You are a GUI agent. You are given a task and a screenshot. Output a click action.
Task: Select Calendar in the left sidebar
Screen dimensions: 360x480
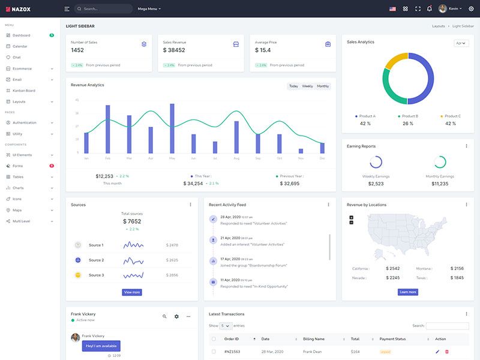[20, 46]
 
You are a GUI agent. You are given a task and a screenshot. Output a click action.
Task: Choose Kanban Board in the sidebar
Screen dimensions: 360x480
[24, 91]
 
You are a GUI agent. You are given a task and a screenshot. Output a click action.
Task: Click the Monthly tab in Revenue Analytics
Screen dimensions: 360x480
[323, 86]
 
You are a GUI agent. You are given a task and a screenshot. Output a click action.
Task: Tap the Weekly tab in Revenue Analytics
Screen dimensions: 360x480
[307, 86]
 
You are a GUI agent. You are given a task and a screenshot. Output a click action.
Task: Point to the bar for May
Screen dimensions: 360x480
[172, 128]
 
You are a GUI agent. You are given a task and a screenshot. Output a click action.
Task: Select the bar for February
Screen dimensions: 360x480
[108, 130]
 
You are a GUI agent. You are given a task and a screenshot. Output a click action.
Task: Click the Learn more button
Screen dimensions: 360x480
[407, 292]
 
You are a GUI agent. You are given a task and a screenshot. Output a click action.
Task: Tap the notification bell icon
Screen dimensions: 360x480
[429, 9]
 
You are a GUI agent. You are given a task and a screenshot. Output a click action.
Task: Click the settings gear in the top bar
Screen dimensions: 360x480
[471, 9]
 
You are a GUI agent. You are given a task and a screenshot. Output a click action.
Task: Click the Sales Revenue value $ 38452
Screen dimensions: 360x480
[174, 50]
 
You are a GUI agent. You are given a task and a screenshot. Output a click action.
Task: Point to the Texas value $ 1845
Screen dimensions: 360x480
[457, 278]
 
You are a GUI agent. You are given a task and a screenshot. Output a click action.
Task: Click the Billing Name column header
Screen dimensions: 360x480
[314, 339]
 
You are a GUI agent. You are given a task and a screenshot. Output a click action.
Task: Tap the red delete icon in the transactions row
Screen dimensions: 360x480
[446, 352]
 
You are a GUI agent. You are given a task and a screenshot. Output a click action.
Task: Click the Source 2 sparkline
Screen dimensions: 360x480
[133, 260]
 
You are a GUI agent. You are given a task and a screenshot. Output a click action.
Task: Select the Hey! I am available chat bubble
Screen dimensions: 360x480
[101, 346]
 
